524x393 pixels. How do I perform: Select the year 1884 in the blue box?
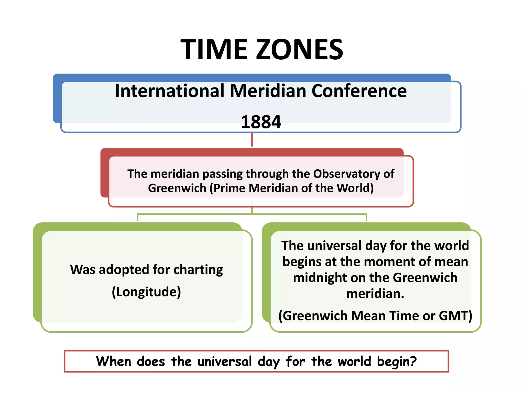(x=261, y=122)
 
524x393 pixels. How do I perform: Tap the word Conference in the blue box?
(x=359, y=91)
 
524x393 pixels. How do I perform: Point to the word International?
(x=170, y=91)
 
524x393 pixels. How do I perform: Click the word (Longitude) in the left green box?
(x=146, y=292)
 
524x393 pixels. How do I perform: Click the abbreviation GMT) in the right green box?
(x=455, y=316)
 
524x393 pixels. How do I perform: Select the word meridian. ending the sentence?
(x=375, y=294)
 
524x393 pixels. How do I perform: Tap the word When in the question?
(x=114, y=362)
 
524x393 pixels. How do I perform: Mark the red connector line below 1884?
(x=252, y=140)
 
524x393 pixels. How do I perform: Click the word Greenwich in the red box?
(x=177, y=188)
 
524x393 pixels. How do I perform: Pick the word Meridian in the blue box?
(x=268, y=91)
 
